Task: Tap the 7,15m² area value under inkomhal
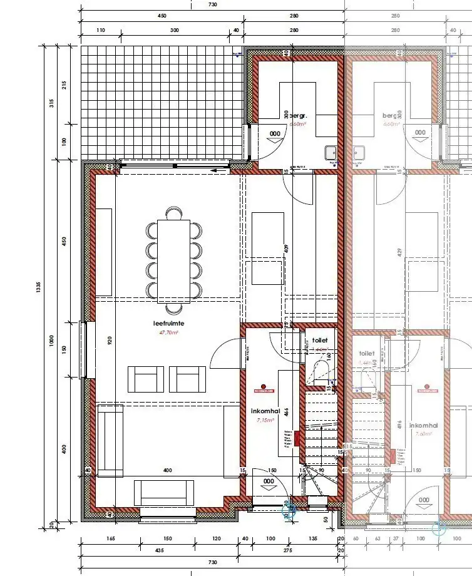click(x=265, y=421)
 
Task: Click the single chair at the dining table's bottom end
click(x=173, y=308)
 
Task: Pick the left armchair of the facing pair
click(x=146, y=379)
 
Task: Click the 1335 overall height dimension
click(x=38, y=287)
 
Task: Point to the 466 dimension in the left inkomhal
click(x=286, y=411)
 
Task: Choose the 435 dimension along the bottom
click(x=160, y=550)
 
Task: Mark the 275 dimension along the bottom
click(x=289, y=550)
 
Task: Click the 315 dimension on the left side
click(x=52, y=103)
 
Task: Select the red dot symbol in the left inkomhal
click(x=265, y=386)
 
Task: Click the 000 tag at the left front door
click(x=269, y=481)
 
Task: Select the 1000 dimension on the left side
click(x=52, y=341)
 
